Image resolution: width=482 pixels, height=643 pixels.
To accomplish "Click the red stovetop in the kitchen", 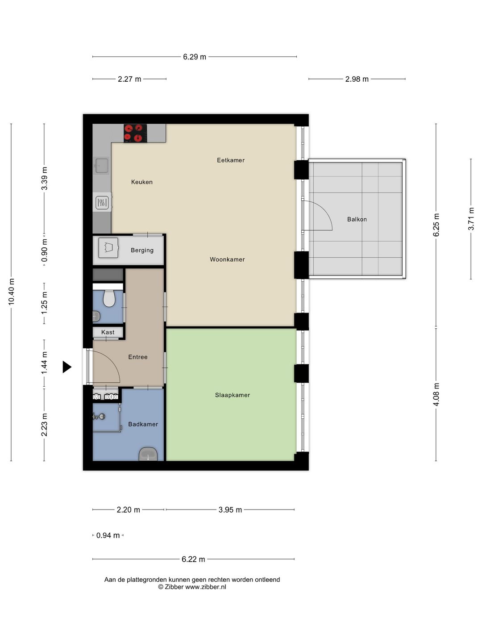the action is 135,133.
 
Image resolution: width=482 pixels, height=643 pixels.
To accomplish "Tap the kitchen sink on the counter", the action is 101,166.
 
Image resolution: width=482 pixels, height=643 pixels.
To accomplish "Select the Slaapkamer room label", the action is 233,395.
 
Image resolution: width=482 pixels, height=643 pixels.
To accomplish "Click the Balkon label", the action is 357,219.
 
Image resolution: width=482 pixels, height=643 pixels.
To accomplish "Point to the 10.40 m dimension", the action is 12,292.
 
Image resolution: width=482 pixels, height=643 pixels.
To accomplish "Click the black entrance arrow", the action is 67,367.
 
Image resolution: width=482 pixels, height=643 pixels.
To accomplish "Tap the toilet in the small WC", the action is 109,299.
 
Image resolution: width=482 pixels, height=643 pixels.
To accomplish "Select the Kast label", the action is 108,332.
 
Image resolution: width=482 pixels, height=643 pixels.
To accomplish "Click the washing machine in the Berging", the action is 108,248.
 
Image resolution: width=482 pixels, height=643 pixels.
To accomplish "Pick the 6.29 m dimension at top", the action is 195,57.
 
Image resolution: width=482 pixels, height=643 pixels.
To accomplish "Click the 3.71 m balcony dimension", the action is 471,219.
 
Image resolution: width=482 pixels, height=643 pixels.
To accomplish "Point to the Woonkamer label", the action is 227,259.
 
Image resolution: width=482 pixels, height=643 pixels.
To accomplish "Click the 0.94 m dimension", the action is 108,535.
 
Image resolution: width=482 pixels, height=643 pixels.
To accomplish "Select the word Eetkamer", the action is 231,160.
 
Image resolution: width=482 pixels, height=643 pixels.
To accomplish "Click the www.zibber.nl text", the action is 205,587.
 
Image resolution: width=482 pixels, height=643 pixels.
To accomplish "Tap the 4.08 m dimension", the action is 436,394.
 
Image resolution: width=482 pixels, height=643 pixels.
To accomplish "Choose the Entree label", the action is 138,357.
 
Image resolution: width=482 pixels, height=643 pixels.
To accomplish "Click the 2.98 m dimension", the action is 357,79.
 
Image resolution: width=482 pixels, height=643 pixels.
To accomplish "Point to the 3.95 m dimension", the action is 230,510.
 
